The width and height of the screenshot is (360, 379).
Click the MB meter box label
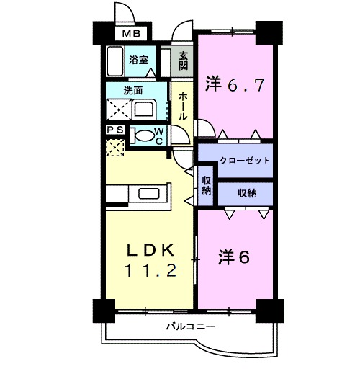point(130,32)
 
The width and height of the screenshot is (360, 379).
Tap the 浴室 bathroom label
point(138,61)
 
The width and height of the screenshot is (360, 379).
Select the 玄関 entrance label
point(184,61)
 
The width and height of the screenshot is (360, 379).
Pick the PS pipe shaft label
point(114,130)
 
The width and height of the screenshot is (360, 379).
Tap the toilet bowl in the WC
point(145,134)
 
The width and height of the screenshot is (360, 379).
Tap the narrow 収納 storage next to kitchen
point(206,185)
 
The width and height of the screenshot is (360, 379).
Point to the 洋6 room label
point(234,257)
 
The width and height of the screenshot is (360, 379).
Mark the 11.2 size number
point(150,273)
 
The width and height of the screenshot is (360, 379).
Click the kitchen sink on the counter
point(148,195)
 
